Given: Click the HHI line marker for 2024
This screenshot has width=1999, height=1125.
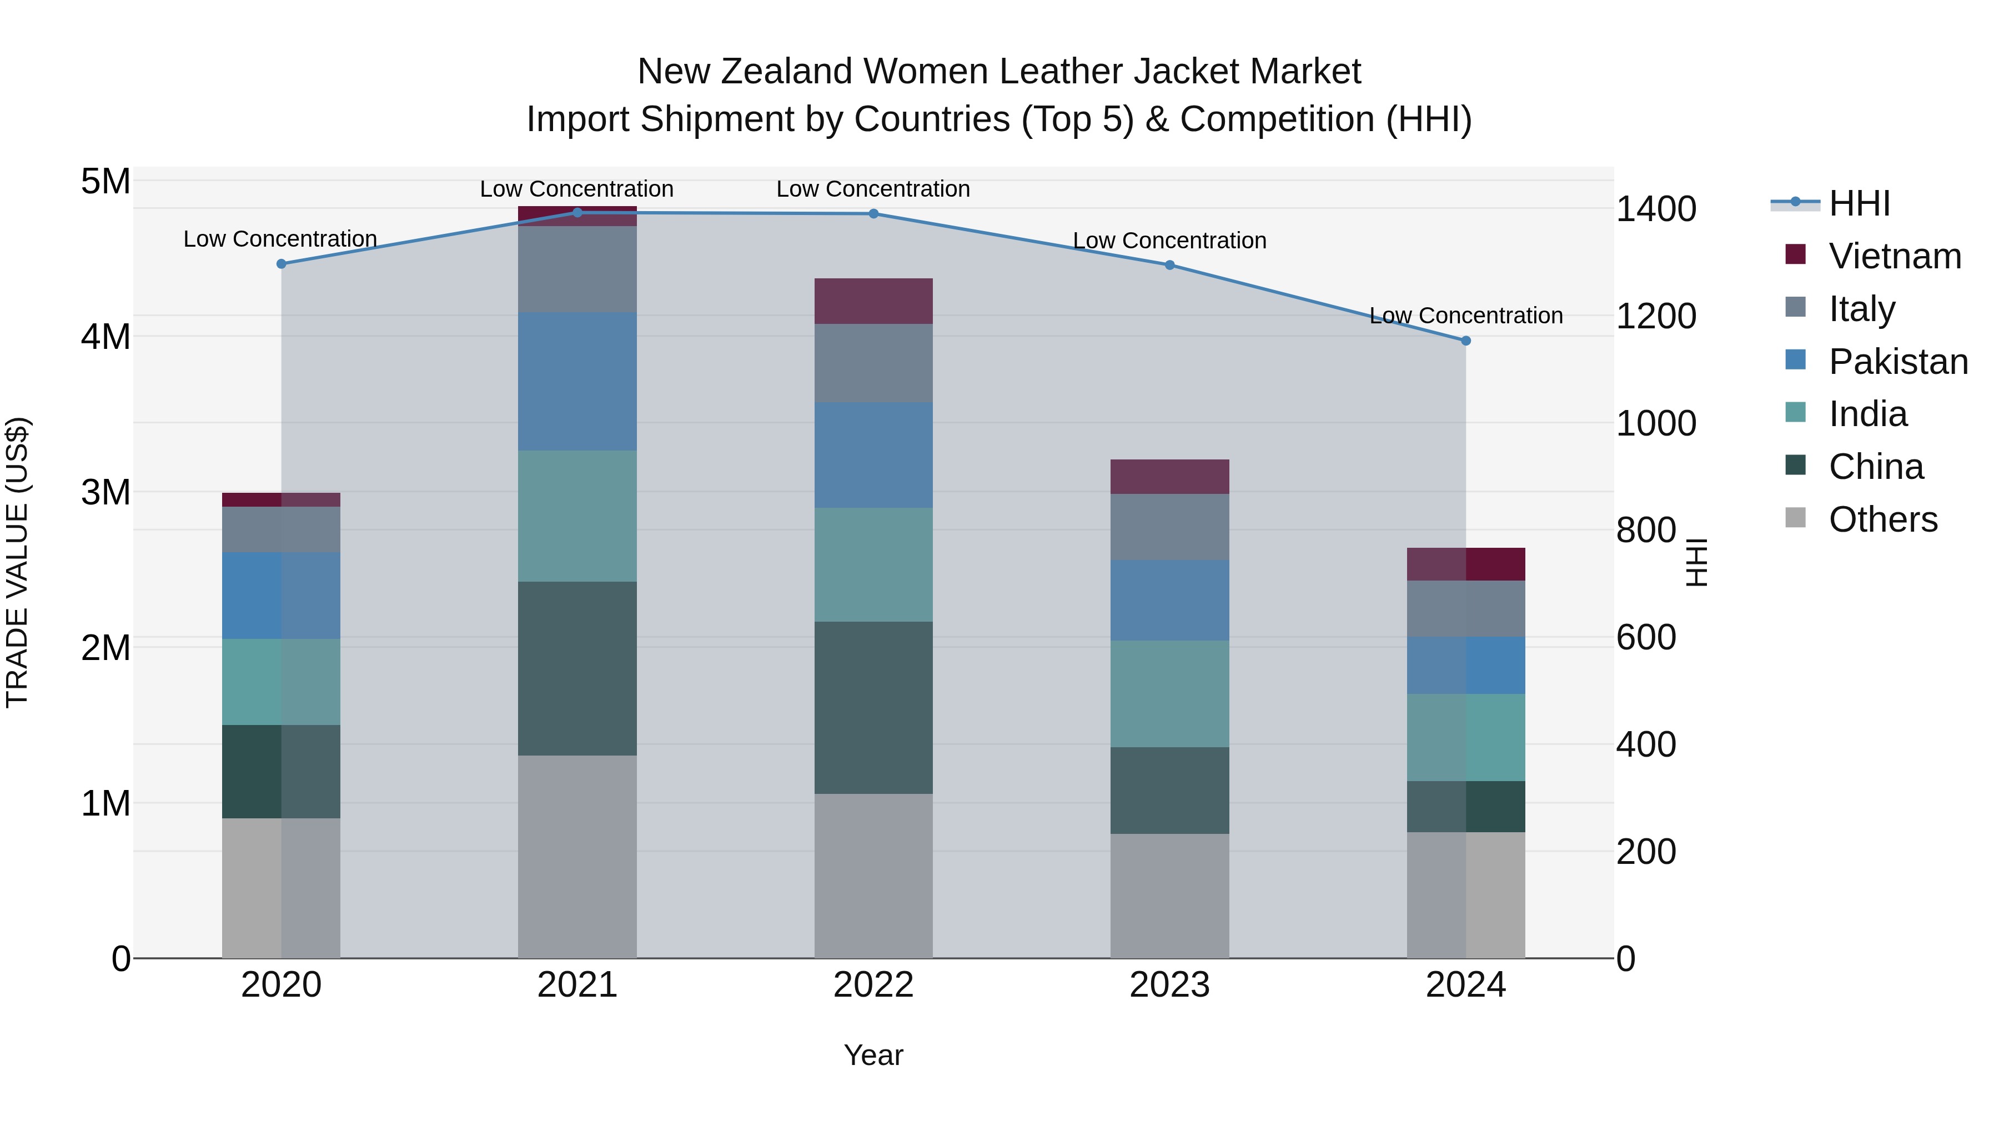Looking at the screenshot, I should click(1465, 341).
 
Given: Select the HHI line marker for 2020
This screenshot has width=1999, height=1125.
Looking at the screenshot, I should click(282, 264).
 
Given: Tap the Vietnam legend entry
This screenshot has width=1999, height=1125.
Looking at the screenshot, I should click(1894, 256).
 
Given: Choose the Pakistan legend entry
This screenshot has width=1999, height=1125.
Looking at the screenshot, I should click(1897, 362).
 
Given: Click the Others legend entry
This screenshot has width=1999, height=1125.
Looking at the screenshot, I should click(1882, 519).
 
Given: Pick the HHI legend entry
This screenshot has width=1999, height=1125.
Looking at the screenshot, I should click(1859, 203).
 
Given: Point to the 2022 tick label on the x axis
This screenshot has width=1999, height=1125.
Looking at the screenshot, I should click(873, 985).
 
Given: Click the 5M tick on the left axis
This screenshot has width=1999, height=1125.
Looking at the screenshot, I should click(106, 182).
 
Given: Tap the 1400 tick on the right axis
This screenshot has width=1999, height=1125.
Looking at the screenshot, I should click(1655, 209).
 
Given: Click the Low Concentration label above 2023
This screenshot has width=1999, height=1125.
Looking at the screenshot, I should click(1169, 241).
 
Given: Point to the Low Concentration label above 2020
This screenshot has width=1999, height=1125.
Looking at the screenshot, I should click(280, 239).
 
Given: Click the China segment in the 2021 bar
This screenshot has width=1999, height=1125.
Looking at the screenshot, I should click(577, 668).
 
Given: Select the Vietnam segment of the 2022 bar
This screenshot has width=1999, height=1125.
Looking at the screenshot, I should click(873, 301).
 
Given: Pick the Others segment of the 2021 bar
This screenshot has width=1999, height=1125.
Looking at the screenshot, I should click(577, 856).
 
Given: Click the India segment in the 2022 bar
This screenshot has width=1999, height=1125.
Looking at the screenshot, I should click(873, 564).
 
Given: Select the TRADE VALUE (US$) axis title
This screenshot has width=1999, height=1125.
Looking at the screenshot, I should click(17, 562).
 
